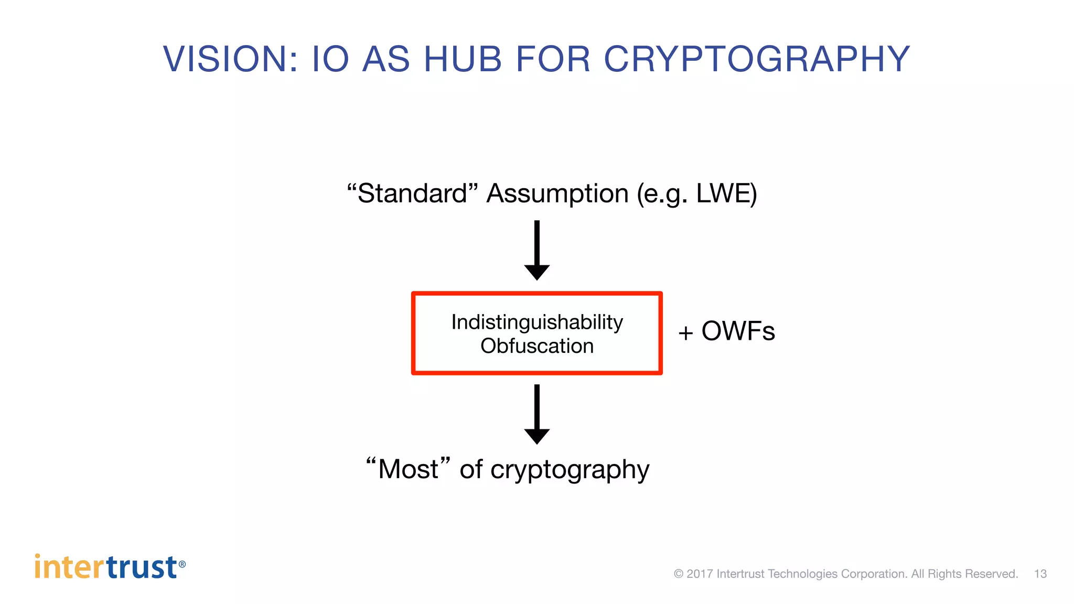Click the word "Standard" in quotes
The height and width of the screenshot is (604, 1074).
[413, 193]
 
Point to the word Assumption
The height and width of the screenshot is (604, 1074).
[557, 194]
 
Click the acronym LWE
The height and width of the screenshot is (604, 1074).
[724, 193]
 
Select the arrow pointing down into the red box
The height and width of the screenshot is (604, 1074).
[536, 251]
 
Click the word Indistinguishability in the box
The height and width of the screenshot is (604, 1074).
[537, 322]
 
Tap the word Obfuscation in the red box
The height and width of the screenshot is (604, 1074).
[537, 346]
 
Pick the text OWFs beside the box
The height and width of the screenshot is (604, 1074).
[738, 331]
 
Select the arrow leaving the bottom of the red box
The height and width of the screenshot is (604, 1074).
[536, 414]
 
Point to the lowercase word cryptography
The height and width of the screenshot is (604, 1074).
[570, 470]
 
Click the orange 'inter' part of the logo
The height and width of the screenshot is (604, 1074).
[70, 567]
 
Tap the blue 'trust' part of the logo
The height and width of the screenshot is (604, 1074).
[142, 567]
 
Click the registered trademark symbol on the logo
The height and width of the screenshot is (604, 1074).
[182, 564]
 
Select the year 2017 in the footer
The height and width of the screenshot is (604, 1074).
[700, 574]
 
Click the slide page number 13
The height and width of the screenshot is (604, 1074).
[1040, 574]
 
